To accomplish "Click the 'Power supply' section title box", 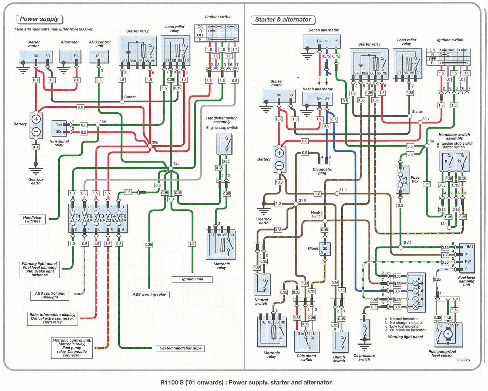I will tap(39, 19).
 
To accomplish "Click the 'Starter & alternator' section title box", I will tap(283, 20).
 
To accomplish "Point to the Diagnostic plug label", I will tap(322, 171).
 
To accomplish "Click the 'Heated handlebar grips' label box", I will tap(180, 348).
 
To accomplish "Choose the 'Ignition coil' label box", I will tap(192, 279).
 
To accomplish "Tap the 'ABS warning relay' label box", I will tap(149, 295).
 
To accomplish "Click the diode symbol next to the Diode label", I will tap(325, 248).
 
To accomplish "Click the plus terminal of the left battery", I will tap(36, 119).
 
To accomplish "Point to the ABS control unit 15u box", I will tap(99, 56).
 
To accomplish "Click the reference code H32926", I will tap(463, 360).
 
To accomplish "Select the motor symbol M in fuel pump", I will tap(448, 334).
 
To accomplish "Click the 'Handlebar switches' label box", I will tap(32, 219).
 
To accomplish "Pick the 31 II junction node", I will tap(296, 204).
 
